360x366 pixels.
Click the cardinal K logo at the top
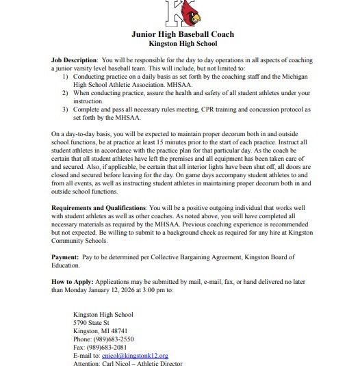[179, 12]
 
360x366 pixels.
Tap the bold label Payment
[66, 257]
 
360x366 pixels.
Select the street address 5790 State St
[95, 322]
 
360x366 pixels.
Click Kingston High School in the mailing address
[103, 314]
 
